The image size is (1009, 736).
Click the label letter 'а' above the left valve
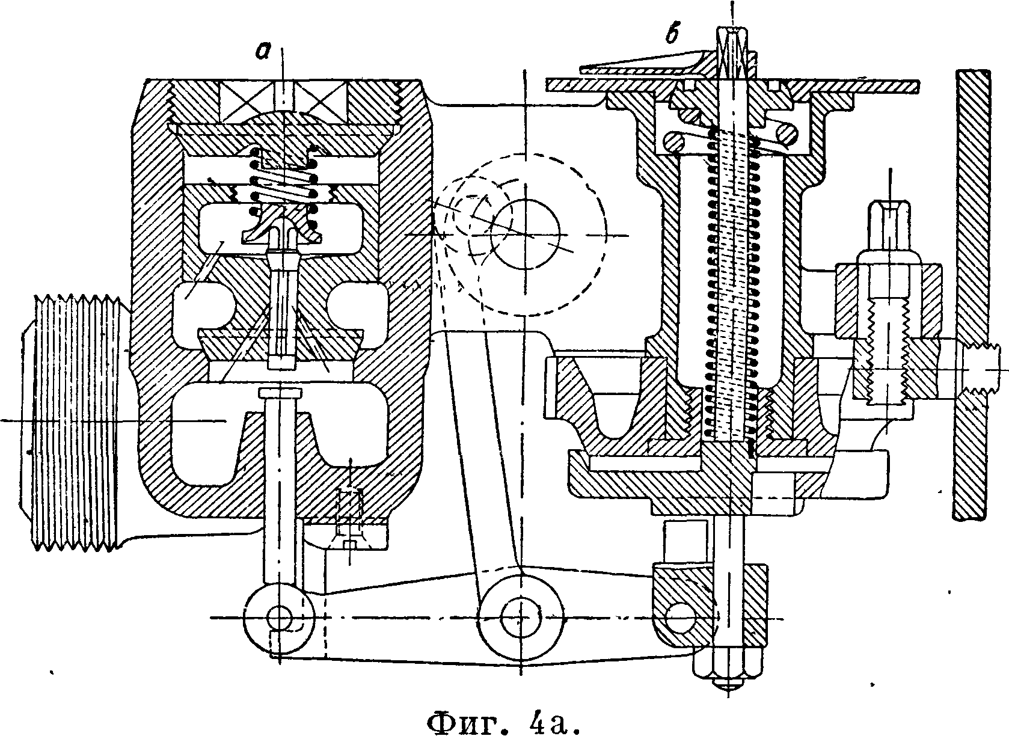tap(263, 52)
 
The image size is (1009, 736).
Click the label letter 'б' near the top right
tap(673, 35)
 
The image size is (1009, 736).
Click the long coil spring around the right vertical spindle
tap(732, 284)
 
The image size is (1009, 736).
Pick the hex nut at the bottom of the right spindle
tap(728, 665)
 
